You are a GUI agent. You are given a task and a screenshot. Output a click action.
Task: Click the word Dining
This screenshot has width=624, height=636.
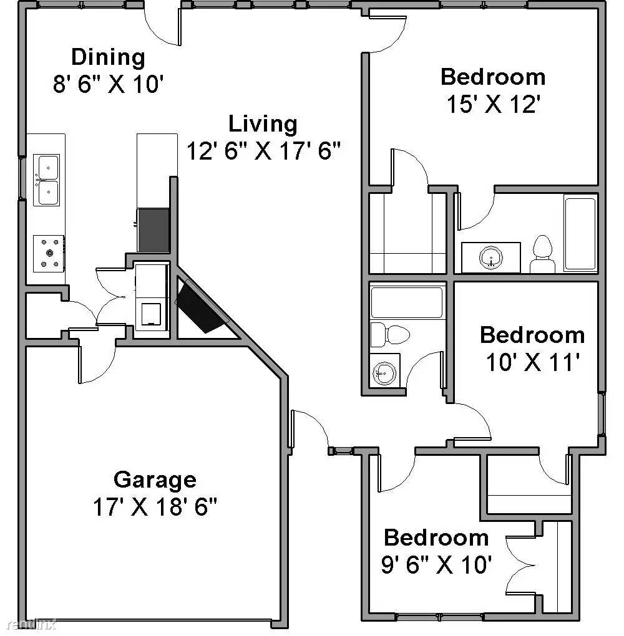(x=108, y=57)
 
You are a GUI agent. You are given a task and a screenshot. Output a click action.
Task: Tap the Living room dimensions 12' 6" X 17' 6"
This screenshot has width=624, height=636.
(x=263, y=151)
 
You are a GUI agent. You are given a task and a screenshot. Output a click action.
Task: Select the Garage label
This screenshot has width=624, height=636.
(x=155, y=480)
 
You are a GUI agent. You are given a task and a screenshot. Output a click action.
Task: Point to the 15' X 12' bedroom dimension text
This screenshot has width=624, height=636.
(x=494, y=104)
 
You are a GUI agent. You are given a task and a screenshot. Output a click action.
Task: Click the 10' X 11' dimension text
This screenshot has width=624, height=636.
(x=532, y=362)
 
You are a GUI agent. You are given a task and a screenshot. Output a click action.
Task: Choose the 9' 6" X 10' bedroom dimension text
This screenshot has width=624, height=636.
(x=436, y=564)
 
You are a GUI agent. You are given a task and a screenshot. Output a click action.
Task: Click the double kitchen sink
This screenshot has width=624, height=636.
(x=46, y=180)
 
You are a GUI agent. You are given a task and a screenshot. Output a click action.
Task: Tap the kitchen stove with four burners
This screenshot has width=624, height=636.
(x=49, y=254)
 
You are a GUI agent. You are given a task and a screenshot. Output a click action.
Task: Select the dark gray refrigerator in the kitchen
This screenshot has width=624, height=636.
(x=154, y=230)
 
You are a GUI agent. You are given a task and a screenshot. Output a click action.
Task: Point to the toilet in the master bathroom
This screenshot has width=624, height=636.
(x=542, y=254)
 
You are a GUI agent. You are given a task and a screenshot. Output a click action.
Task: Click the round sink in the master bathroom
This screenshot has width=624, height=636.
(x=491, y=257)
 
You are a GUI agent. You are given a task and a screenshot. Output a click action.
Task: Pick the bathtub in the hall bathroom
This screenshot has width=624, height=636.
(x=407, y=302)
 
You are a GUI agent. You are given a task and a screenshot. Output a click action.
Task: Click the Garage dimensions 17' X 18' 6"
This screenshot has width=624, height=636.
(x=155, y=506)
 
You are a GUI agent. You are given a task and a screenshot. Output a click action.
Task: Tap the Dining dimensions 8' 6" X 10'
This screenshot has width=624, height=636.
(x=108, y=84)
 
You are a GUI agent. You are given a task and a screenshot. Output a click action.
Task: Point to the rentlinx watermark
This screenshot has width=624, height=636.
(x=32, y=624)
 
